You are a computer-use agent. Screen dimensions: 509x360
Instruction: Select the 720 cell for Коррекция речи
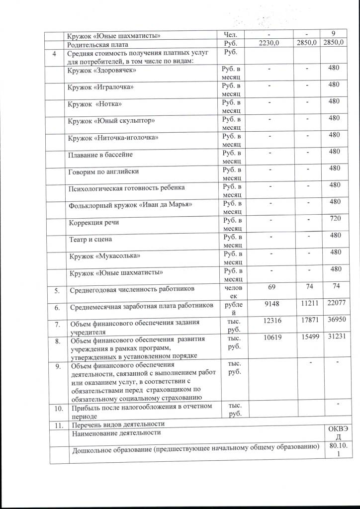[335, 219]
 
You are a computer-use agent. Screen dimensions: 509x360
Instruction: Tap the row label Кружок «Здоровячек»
[102, 71]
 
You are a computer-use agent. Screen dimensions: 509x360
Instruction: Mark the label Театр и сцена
[91, 239]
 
